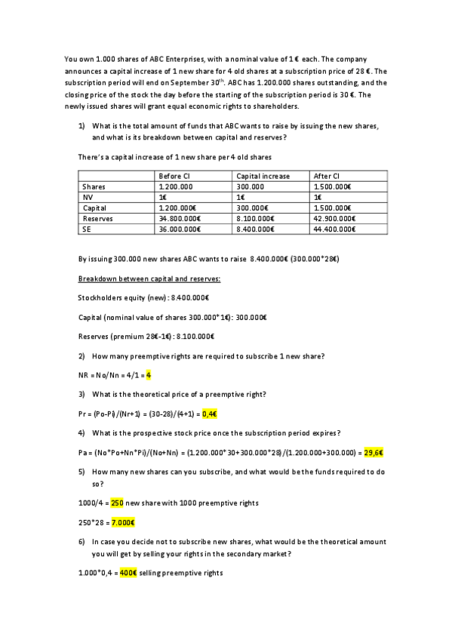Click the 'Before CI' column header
coord(174,176)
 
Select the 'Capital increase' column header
coord(263,176)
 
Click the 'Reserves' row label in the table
coord(97,217)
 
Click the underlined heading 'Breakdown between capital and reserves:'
coord(149,279)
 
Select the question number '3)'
coord(81,394)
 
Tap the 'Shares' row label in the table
coord(94,186)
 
